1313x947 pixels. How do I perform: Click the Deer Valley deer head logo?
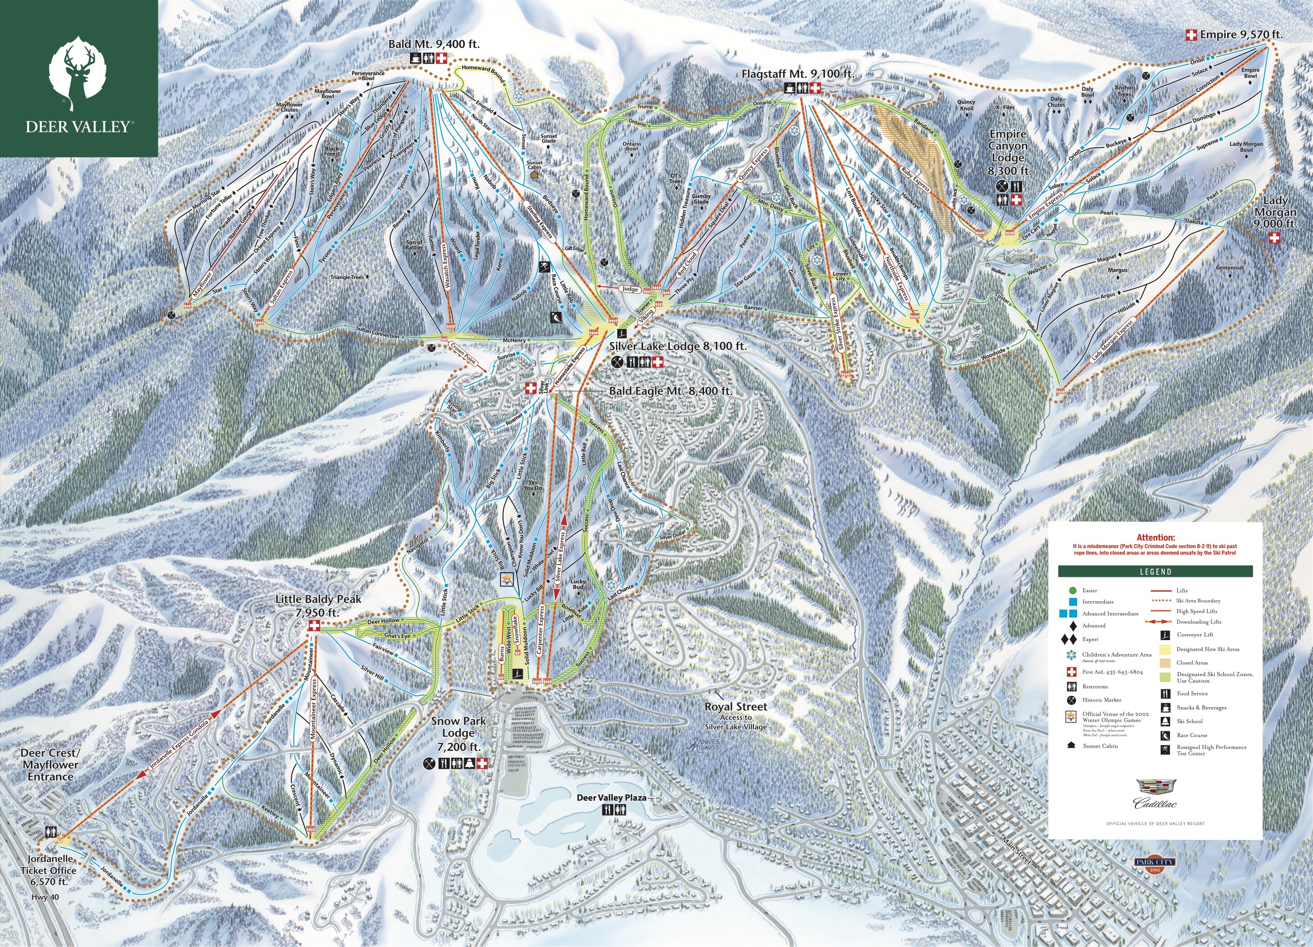pos(78,72)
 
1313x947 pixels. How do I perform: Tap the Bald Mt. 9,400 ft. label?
pos(434,44)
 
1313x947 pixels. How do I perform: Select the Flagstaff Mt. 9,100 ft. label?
pos(798,74)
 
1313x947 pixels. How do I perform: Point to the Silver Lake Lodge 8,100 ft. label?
pos(677,346)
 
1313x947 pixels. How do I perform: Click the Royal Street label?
pos(735,707)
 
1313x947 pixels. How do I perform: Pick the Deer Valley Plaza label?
pos(611,797)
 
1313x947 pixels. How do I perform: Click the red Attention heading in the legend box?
pos(1156,538)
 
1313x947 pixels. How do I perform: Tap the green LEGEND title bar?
pos(1156,572)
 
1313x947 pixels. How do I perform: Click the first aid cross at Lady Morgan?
pos(1274,238)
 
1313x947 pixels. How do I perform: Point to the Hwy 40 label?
pos(45,897)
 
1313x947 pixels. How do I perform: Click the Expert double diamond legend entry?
pos(1090,640)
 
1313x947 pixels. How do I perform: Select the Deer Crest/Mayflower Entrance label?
pos(50,765)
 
